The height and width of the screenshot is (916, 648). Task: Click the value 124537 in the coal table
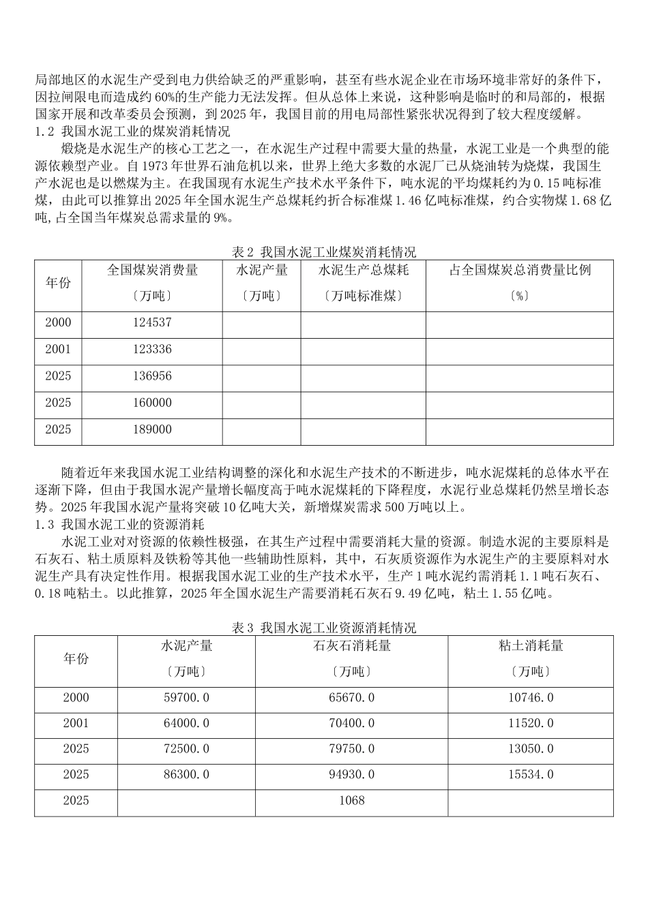[152, 322]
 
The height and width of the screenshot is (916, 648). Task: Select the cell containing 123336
[152, 349]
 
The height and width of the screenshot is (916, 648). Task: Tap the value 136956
[152, 376]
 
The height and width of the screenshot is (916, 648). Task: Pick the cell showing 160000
[152, 403]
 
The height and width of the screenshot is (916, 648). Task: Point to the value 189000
[152, 429]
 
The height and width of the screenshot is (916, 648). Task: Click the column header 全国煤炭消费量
[152, 270]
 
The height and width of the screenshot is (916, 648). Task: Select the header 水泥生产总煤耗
[364, 270]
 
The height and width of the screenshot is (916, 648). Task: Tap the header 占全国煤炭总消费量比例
[520, 270]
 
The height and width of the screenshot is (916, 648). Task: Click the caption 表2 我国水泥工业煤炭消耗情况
[324, 252]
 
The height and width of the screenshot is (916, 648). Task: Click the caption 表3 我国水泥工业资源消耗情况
[324, 628]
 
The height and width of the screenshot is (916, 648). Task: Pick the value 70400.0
[351, 723]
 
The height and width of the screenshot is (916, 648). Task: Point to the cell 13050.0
[531, 748]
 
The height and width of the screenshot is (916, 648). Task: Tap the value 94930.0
[351, 774]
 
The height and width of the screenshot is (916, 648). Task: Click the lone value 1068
[351, 800]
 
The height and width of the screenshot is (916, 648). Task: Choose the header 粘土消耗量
[531, 645]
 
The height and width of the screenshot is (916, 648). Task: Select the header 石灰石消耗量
[351, 645]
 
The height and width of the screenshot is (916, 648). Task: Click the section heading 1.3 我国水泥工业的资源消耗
[119, 525]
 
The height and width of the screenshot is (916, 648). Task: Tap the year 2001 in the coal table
[58, 349]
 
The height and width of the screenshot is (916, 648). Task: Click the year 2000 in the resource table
[76, 698]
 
